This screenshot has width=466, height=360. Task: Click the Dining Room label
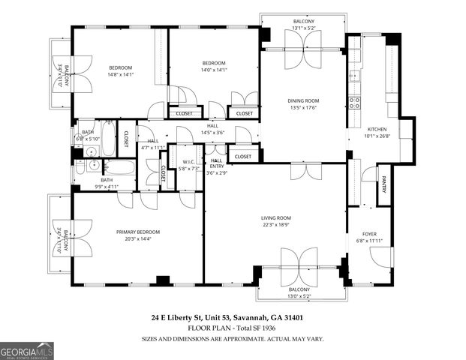point(303,100)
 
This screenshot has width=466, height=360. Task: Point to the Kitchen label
point(377,129)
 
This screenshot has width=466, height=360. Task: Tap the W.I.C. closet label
point(189,161)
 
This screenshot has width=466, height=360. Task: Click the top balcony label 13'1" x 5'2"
point(303,28)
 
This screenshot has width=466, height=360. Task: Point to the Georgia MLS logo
point(27,349)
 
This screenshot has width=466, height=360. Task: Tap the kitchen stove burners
point(354,101)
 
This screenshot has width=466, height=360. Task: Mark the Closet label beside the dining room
point(243,113)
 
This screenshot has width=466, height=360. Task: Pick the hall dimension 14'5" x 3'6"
point(213,133)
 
